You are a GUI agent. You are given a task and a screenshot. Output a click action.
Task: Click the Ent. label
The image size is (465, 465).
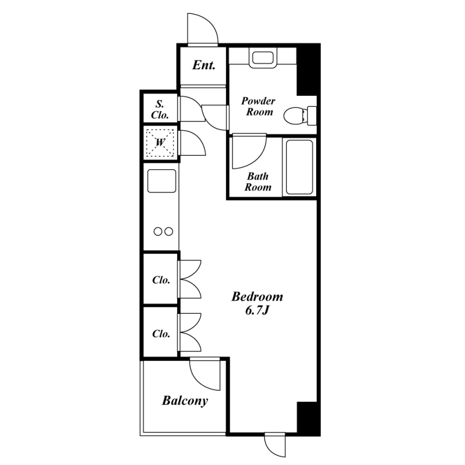click(204, 65)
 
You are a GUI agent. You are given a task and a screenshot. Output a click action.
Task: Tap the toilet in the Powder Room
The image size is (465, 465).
click(300, 116)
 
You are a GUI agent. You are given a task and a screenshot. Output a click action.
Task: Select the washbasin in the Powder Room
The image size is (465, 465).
click(263, 59)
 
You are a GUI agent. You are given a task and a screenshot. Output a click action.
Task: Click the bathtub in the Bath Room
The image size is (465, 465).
click(299, 167)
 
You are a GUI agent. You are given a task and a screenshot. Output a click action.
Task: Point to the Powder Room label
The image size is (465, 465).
click(258, 106)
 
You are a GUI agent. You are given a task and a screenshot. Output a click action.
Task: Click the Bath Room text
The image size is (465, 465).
click(257, 181)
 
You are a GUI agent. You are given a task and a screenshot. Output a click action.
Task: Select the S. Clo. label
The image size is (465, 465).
click(160, 109)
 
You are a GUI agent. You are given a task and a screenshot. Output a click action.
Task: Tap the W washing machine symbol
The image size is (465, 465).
click(160, 142)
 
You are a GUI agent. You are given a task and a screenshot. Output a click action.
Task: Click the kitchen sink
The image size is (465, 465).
click(162, 181)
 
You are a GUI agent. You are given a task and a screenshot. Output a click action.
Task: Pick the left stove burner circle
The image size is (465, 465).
click(158, 231)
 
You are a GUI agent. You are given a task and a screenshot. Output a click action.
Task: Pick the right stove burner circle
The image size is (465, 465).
click(169, 231)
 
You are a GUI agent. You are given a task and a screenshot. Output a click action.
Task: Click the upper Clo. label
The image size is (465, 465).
click(161, 280)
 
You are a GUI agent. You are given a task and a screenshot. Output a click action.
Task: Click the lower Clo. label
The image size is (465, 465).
click(161, 334)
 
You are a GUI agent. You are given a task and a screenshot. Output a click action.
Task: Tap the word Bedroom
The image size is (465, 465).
click(257, 296)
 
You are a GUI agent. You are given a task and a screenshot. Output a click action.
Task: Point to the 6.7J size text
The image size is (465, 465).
click(257, 310)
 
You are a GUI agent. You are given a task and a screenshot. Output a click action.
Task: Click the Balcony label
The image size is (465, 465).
click(185, 400)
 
